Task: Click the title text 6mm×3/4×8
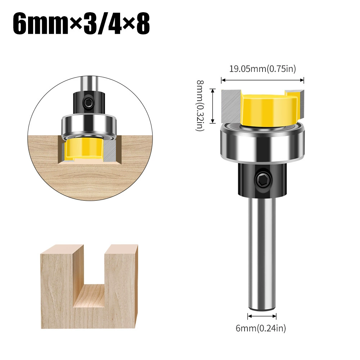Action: click(x=81, y=24)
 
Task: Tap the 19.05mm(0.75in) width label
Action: click(x=263, y=69)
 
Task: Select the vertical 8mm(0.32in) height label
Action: click(x=200, y=106)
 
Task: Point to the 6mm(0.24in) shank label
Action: click(x=261, y=328)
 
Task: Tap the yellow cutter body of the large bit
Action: click(x=269, y=110)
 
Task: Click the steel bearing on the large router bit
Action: click(x=263, y=143)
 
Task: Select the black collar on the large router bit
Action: click(x=263, y=179)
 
